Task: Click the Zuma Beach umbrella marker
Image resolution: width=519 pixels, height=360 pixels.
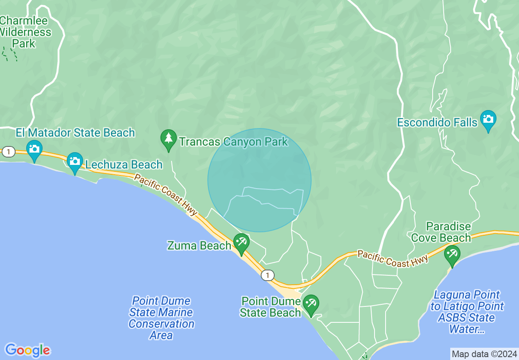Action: (x=241, y=243)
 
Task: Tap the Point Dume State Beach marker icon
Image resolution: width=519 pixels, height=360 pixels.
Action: (x=311, y=304)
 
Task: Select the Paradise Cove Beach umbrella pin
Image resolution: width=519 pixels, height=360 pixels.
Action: (x=452, y=254)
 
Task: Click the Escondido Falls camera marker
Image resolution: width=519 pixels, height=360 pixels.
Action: (x=488, y=119)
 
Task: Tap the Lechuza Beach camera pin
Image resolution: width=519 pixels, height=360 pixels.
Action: (x=75, y=162)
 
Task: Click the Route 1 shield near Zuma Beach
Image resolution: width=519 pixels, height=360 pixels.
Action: (x=268, y=275)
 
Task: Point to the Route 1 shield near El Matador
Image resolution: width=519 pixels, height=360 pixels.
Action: (x=8, y=152)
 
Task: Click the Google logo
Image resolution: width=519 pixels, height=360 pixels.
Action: (x=27, y=350)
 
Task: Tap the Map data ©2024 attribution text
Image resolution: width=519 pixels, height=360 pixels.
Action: (x=484, y=353)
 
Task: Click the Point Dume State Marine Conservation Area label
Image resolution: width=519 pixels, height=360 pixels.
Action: (x=161, y=318)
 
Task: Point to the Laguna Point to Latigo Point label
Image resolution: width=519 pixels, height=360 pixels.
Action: (x=467, y=312)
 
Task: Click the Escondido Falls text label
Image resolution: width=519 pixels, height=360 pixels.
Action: (x=438, y=122)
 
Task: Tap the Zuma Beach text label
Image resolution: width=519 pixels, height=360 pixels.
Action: (x=199, y=245)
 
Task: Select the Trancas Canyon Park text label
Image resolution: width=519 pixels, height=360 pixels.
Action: (x=234, y=142)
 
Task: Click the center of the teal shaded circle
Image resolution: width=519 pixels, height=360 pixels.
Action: (x=259, y=180)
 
